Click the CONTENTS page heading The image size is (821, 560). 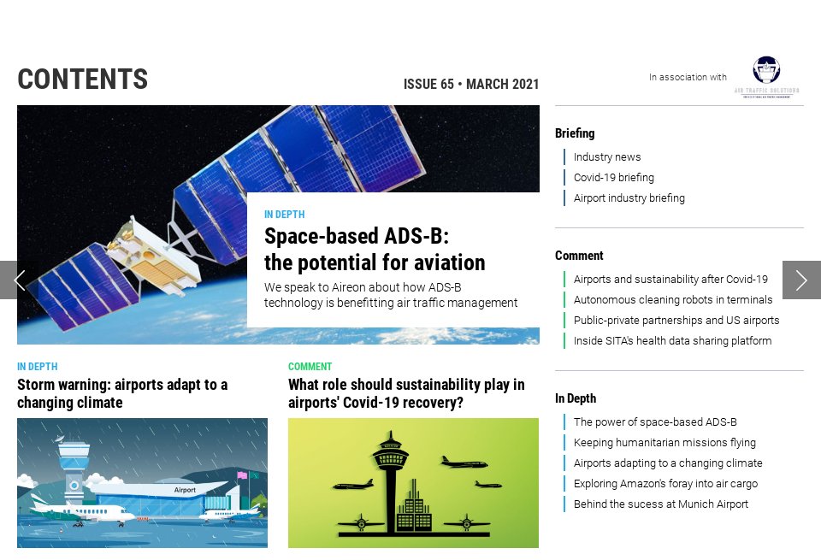(83, 80)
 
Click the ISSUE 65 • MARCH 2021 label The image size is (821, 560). (471, 84)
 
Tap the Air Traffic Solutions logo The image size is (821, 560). (766, 78)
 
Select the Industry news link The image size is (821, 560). (607, 157)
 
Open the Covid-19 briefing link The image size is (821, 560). (614, 178)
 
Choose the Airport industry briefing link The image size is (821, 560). (629, 198)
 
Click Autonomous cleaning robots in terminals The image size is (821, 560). (673, 300)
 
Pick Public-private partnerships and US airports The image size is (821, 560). (676, 321)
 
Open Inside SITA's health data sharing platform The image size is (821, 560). (673, 341)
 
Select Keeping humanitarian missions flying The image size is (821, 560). (664, 443)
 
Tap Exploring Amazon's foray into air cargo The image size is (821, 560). (665, 484)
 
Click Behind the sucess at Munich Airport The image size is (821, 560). (661, 504)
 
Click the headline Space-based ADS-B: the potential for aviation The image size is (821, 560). (375, 249)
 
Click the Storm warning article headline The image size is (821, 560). (122, 393)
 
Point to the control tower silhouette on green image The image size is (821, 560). (392, 479)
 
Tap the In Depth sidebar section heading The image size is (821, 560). (576, 398)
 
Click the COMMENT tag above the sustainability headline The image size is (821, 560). (310, 367)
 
